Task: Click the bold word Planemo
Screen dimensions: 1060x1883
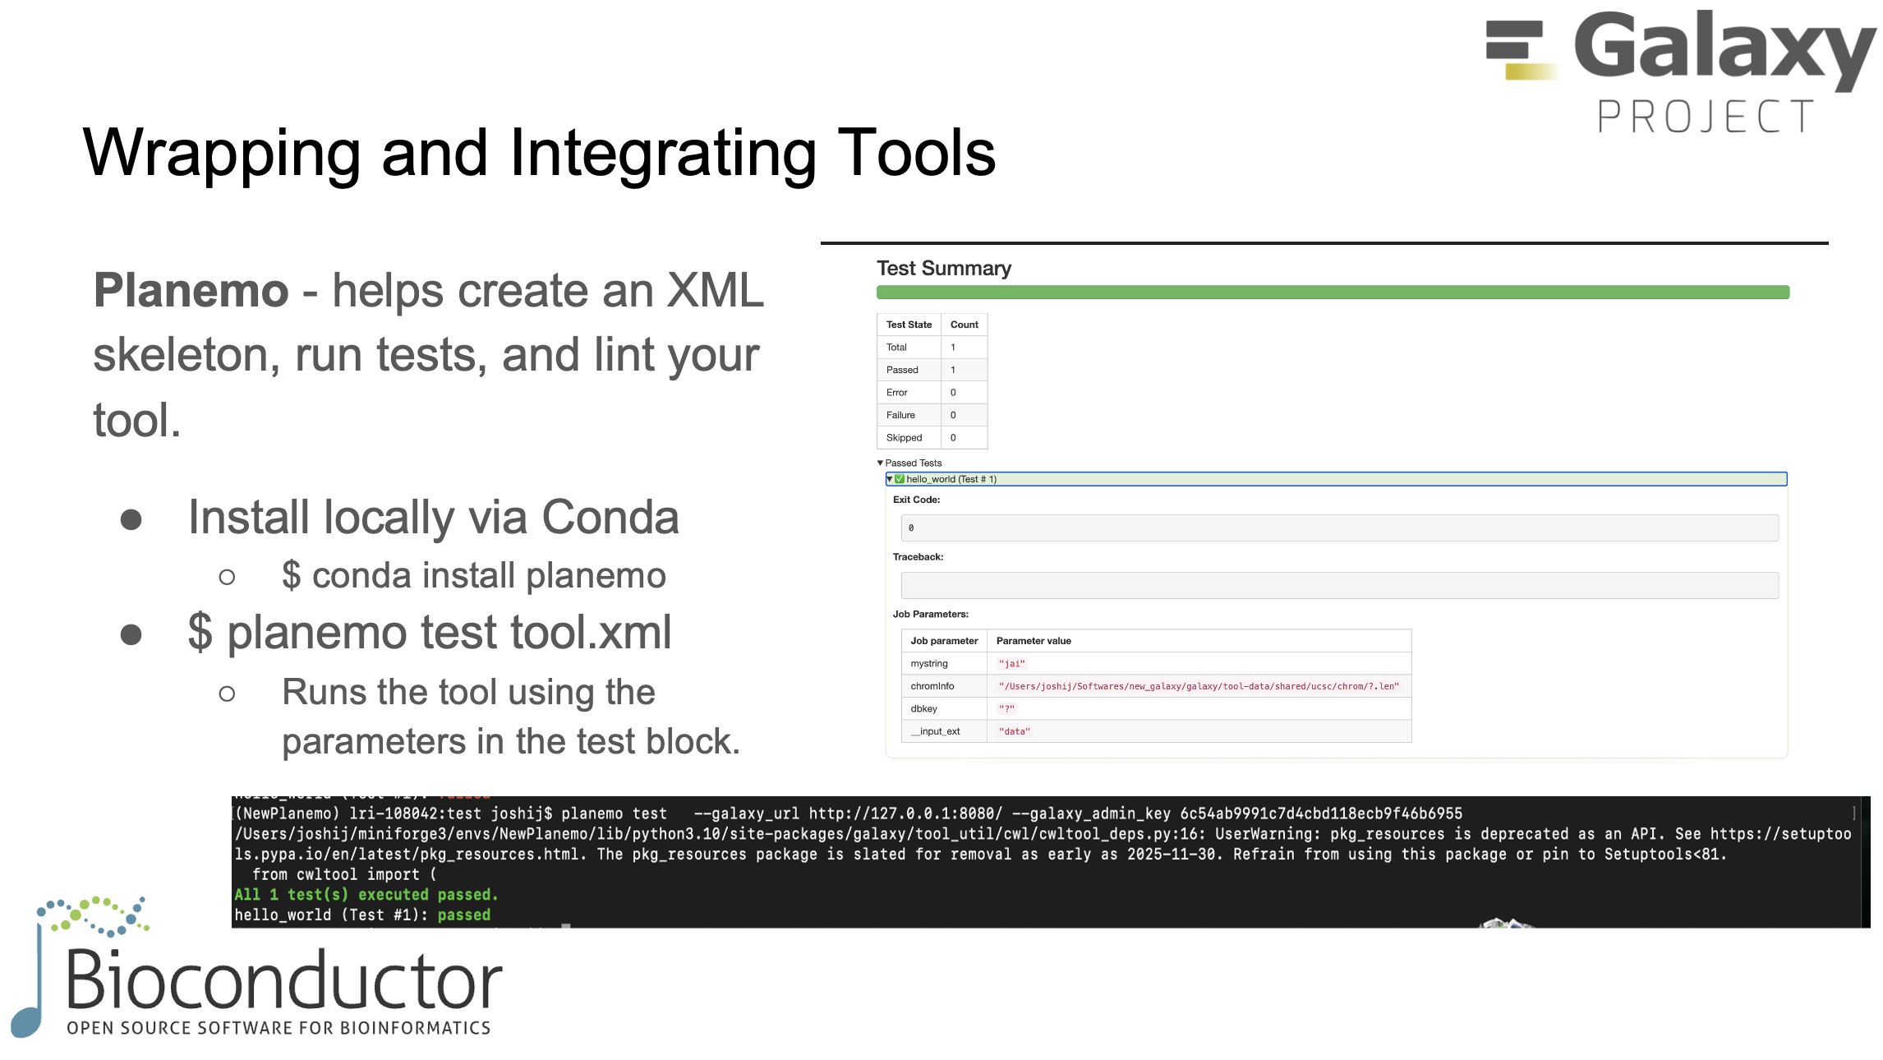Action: tap(191, 291)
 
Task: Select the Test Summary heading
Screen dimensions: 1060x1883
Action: tap(943, 269)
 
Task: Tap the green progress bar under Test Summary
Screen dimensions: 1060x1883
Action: tap(1332, 293)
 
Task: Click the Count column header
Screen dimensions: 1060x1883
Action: tap(964, 325)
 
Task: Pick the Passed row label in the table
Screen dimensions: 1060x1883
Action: tap(902, 370)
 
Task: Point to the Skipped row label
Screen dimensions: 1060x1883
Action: tap(904, 438)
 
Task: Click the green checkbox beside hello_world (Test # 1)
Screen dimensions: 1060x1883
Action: tap(900, 479)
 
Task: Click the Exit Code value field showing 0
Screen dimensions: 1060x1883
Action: tap(1339, 528)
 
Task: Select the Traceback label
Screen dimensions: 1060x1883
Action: tap(918, 557)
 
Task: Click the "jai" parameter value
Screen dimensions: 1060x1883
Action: tap(1012, 664)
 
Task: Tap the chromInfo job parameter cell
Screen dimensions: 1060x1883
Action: tap(932, 686)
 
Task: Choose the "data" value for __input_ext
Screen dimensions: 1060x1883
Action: tap(1015, 731)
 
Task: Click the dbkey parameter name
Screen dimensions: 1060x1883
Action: tap(923, 709)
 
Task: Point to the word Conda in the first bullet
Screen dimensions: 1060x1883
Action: tap(610, 518)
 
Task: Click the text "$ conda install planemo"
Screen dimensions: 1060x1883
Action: tap(473, 576)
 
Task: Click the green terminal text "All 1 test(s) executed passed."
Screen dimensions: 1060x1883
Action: tap(366, 895)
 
